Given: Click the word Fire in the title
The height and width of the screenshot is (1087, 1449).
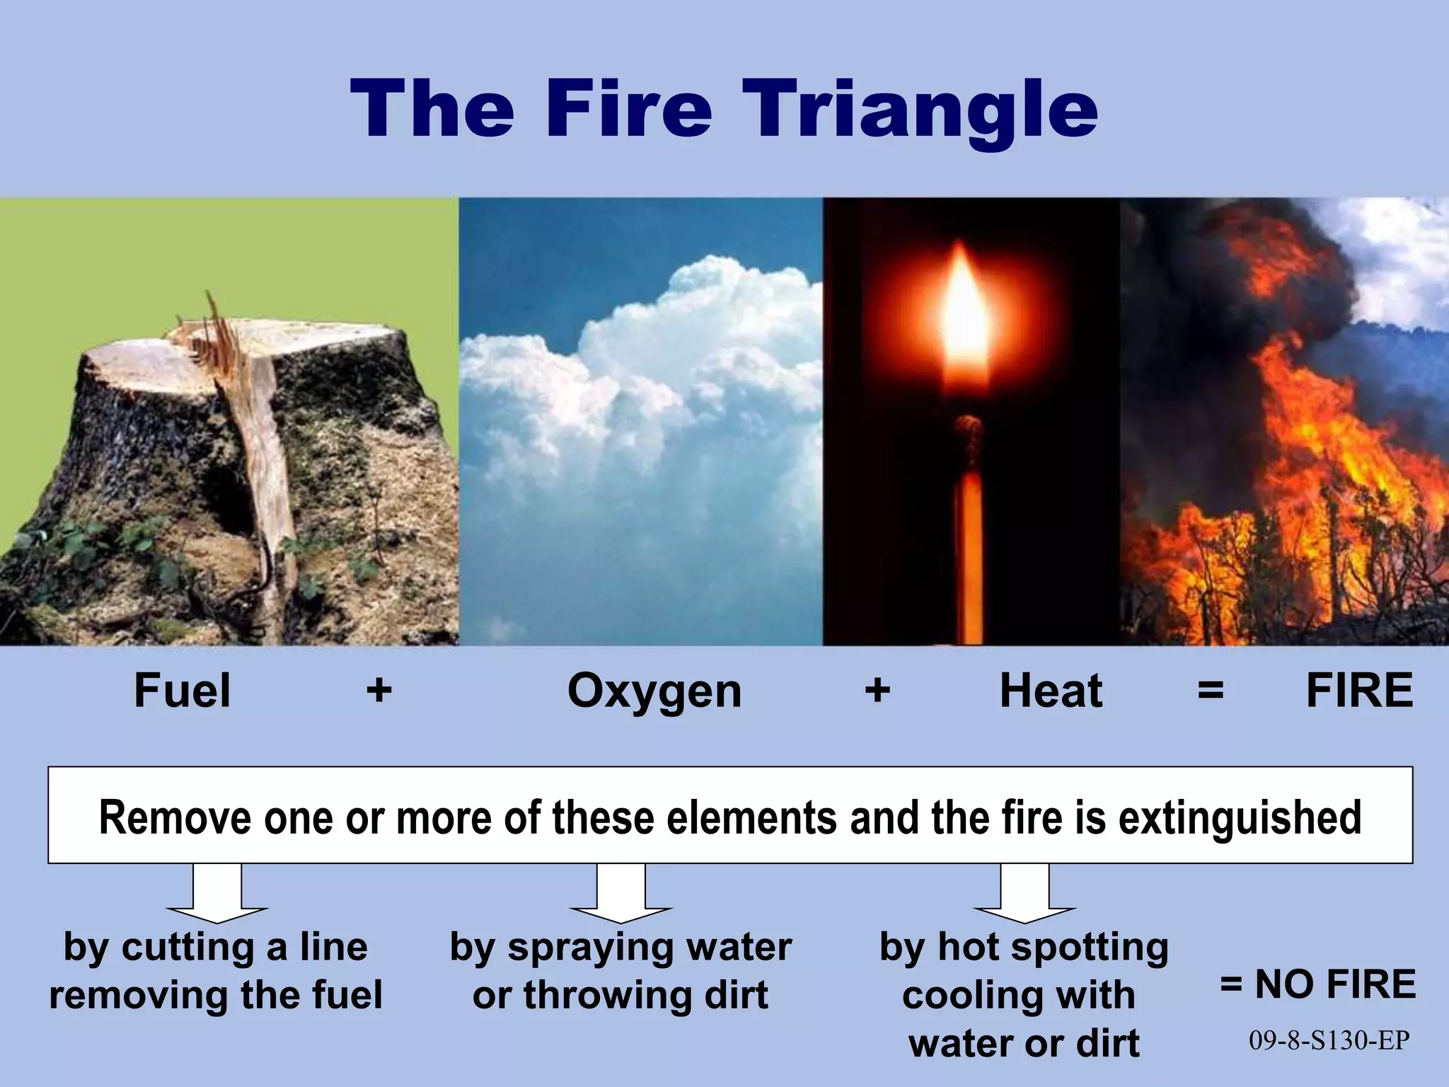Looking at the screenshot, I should tap(628, 108).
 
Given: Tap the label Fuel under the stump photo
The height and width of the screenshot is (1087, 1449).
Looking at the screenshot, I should tap(182, 691).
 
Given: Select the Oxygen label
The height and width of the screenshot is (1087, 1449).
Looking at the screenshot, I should tap(654, 692).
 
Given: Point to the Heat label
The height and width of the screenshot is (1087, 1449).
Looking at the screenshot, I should tap(1051, 691).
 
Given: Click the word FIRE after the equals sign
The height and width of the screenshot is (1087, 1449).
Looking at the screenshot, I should tap(1359, 691).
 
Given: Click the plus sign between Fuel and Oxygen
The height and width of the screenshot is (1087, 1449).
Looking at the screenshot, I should tap(379, 689).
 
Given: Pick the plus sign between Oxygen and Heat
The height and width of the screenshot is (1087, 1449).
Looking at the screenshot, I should tap(877, 689).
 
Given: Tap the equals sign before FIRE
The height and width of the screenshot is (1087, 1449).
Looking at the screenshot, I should tap(1211, 689).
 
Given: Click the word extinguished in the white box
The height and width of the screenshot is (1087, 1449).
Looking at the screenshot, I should tap(1240, 817).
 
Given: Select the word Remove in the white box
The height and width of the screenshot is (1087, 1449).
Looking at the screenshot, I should tap(175, 817).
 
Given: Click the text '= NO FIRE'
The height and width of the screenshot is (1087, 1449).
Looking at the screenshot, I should tap(1318, 984).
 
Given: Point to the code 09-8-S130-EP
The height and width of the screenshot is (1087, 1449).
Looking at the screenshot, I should tap(1329, 1040).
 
